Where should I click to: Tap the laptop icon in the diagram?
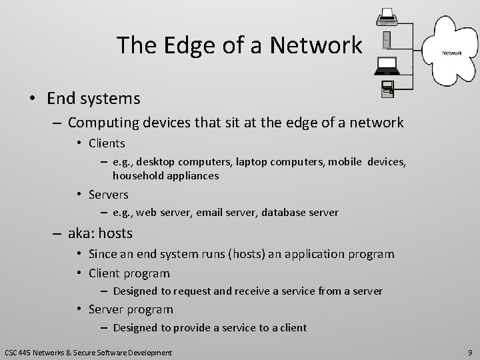pyautogui.click(x=387, y=65)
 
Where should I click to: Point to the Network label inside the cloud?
pyautogui.click(x=450, y=52)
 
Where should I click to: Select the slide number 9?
pyautogui.click(x=469, y=352)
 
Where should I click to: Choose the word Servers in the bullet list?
pyautogui.click(x=109, y=194)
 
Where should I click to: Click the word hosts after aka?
pyautogui.click(x=115, y=233)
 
